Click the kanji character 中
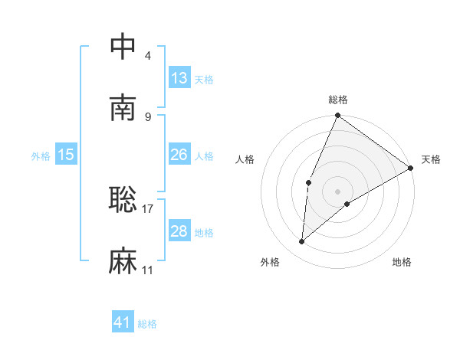click(123, 47)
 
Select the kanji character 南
click(123, 108)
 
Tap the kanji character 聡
click(123, 200)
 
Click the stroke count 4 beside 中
click(147, 55)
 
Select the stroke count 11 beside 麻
click(147, 270)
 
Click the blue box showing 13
click(179, 77)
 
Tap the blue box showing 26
click(179, 155)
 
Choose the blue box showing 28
click(179, 231)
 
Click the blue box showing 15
click(66, 155)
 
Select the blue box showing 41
click(123, 322)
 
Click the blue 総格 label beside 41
click(147, 324)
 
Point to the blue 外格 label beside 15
click(41, 156)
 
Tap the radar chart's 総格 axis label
click(338, 100)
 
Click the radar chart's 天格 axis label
click(431, 159)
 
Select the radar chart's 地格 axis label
click(402, 262)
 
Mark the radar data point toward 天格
click(410, 168)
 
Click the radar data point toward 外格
click(301, 242)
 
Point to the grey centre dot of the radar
click(338, 191)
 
